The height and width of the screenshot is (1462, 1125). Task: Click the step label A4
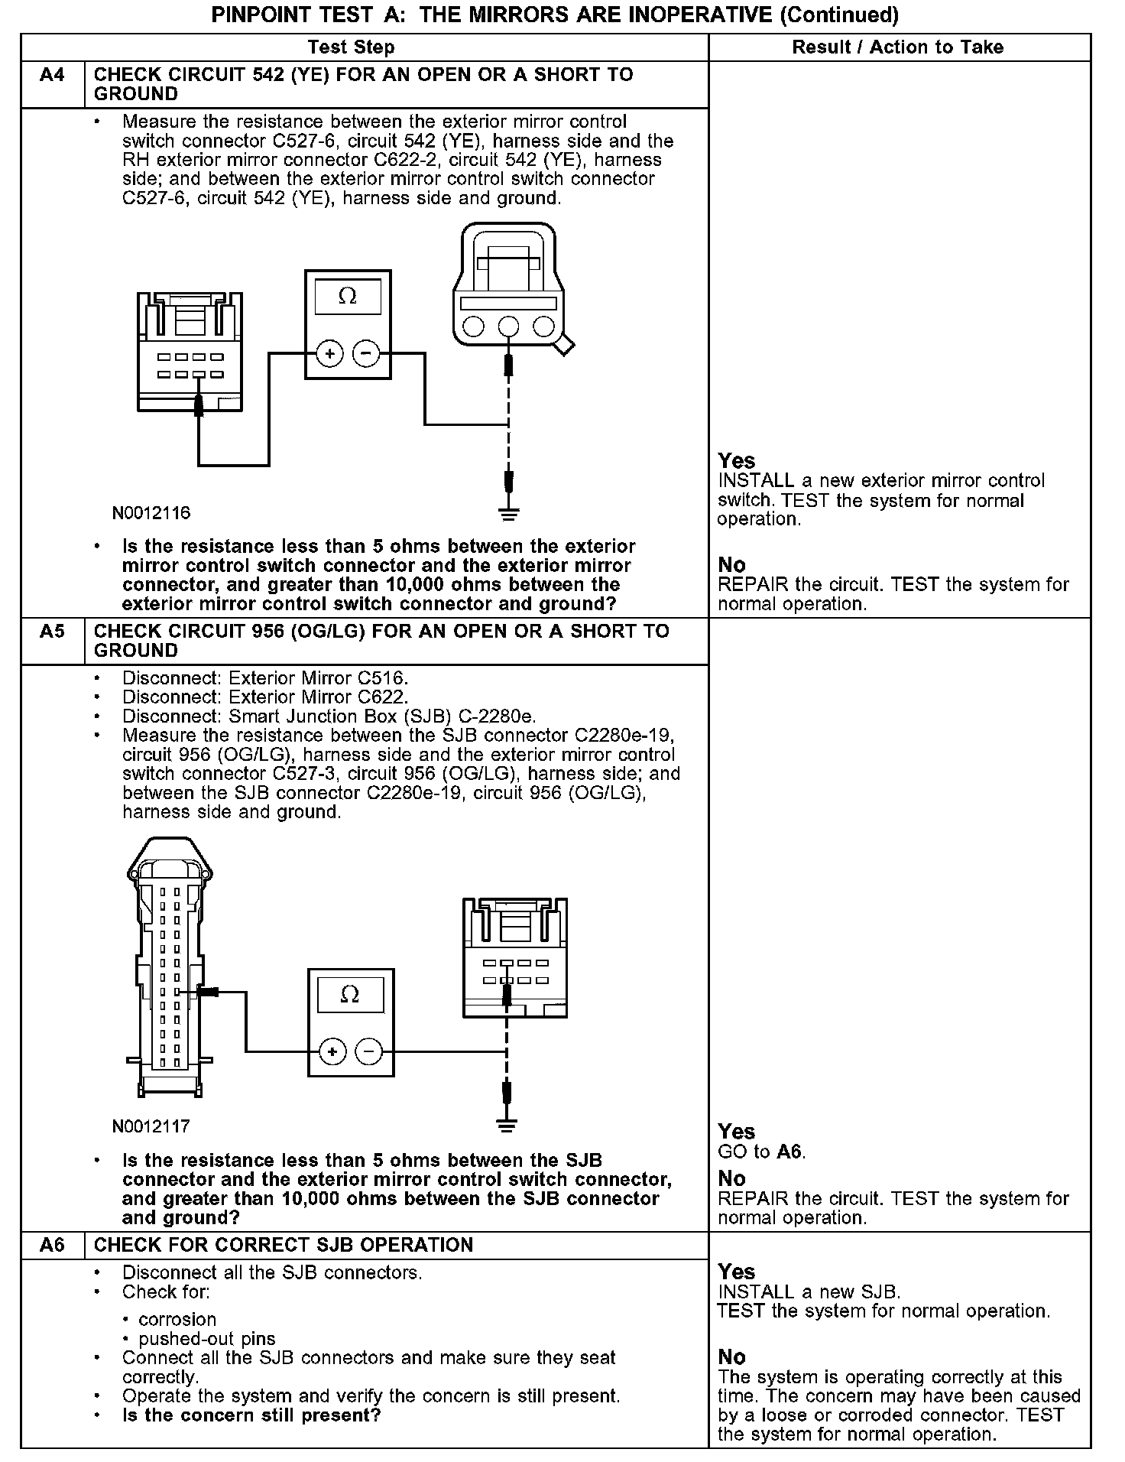click(x=52, y=75)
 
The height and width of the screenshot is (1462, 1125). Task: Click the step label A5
click(x=52, y=632)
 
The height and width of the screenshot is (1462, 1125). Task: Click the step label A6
click(x=52, y=1245)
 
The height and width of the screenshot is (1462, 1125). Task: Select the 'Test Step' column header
click(x=351, y=47)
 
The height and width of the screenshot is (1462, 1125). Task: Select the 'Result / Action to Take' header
click(x=897, y=47)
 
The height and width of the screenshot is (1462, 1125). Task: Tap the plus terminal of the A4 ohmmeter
click(x=330, y=353)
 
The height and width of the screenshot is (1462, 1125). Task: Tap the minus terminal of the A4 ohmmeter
click(x=366, y=353)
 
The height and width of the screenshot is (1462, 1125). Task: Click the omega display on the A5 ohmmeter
click(x=349, y=995)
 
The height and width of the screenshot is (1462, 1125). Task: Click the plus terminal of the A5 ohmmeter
click(x=332, y=1052)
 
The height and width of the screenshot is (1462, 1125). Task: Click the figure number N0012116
click(x=151, y=513)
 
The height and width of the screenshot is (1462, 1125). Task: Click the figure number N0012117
click(x=151, y=1126)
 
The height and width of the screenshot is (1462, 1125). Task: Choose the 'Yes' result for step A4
click(x=737, y=461)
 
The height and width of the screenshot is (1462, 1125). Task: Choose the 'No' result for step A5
click(x=731, y=1178)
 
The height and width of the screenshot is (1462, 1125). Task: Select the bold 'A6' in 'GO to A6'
click(x=790, y=1152)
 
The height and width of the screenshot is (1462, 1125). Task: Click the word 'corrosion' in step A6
click(x=177, y=1320)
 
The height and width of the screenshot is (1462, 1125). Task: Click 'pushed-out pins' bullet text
click(x=207, y=1339)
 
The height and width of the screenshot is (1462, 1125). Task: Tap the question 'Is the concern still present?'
click(x=251, y=1415)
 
